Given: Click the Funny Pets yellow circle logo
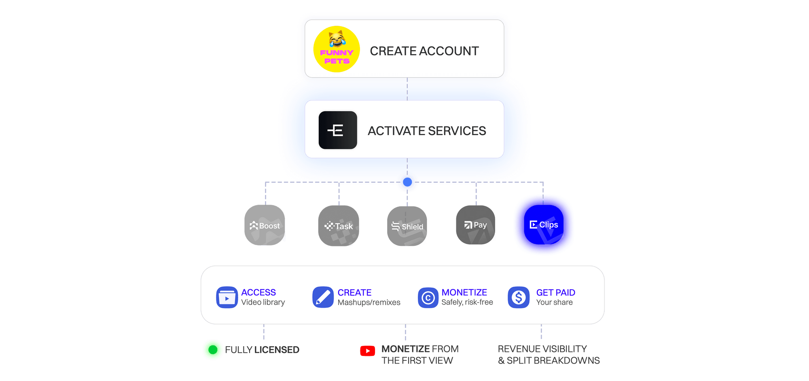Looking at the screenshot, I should click(x=337, y=49).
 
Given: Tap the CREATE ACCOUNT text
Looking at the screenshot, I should click(x=424, y=51).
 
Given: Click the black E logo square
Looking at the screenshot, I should click(x=338, y=130).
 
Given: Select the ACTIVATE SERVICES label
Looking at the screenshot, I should click(x=427, y=131).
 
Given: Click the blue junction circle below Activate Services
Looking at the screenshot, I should click(x=407, y=182).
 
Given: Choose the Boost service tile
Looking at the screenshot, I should click(x=265, y=225).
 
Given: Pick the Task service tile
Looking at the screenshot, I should click(x=339, y=226).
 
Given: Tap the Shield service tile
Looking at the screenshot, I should click(x=407, y=226).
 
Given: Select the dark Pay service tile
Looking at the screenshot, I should click(x=476, y=225).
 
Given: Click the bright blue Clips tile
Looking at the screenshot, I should click(x=544, y=225).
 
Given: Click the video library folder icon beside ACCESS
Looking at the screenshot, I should click(x=227, y=298).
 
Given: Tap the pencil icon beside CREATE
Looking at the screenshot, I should click(x=323, y=298).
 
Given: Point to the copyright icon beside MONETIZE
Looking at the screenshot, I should click(x=428, y=298).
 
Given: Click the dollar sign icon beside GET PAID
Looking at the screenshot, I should click(x=519, y=298).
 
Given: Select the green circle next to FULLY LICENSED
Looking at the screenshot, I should click(x=213, y=350).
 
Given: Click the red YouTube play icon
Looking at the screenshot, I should click(x=367, y=351).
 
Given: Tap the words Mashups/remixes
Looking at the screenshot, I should click(x=369, y=303).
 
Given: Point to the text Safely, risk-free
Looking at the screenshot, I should click(x=467, y=302).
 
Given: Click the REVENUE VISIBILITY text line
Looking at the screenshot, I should click(x=542, y=349).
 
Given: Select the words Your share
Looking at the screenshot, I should click(x=554, y=302).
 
